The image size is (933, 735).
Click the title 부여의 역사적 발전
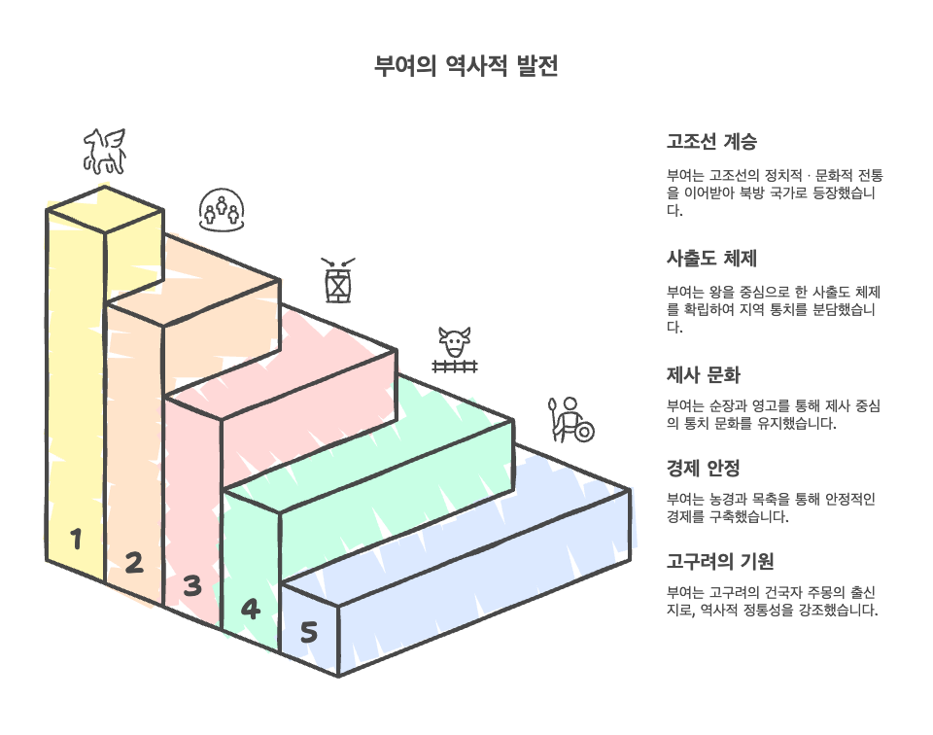466,67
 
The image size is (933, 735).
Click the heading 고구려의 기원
719,562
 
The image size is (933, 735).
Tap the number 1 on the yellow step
75,539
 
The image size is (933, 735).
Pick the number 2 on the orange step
133,562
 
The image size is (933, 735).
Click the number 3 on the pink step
191,585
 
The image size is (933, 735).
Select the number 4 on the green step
250,610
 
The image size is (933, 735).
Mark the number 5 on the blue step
308,633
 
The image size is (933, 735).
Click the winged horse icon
105,151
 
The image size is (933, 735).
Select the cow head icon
455,342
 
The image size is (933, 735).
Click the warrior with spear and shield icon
571,419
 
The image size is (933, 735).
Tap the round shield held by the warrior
583,431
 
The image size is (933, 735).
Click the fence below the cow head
455,367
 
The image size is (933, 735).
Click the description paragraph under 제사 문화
773,413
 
